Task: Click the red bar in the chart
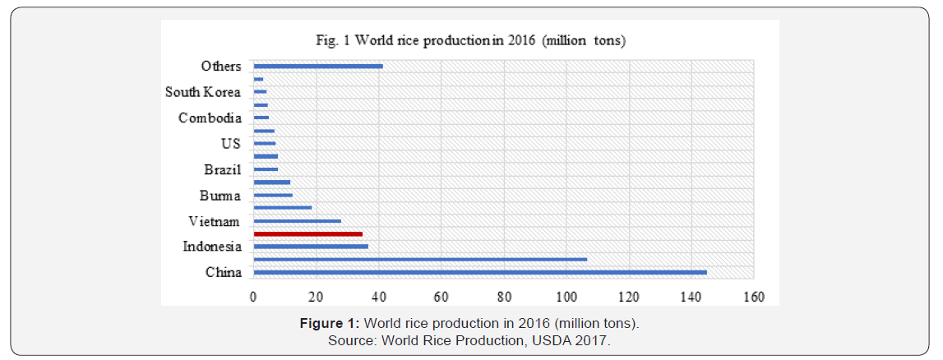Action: [308, 234]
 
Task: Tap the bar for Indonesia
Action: [311, 247]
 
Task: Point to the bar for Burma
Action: [273, 196]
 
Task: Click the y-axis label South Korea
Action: [203, 92]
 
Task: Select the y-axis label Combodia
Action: [210, 118]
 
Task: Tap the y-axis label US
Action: [230, 144]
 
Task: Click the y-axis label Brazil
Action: [222, 170]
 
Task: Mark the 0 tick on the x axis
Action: [253, 296]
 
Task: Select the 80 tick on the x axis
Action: [503, 296]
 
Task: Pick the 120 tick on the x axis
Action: [629, 296]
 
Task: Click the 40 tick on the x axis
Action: [378, 296]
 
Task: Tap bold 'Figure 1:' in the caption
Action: [331, 324]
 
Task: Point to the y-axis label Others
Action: [221, 67]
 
